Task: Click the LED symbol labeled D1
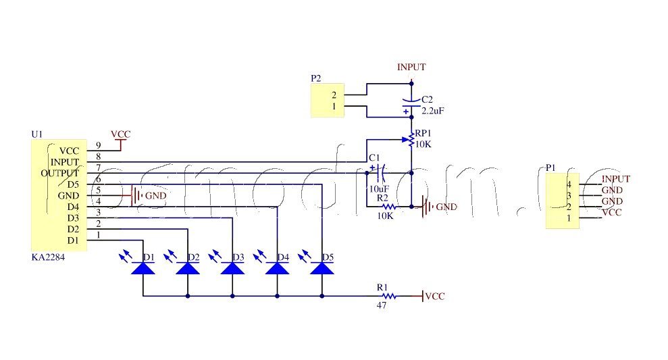pyautogui.click(x=143, y=268)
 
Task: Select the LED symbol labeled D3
pyautogui.click(x=232, y=268)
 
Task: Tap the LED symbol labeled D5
pyautogui.click(x=322, y=268)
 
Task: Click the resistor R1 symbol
pyautogui.click(x=388, y=296)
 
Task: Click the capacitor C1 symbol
pyautogui.click(x=376, y=173)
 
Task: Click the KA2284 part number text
pyautogui.click(x=49, y=257)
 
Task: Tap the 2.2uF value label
pyautogui.click(x=432, y=110)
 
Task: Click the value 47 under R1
pyautogui.click(x=382, y=306)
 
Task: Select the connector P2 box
pyautogui.click(x=327, y=100)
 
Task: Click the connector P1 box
pyautogui.click(x=562, y=201)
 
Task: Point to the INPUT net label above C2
pyautogui.click(x=411, y=68)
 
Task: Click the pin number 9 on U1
pyautogui.click(x=99, y=145)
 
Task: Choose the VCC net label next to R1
pyautogui.click(x=434, y=297)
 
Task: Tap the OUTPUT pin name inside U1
pyautogui.click(x=59, y=173)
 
